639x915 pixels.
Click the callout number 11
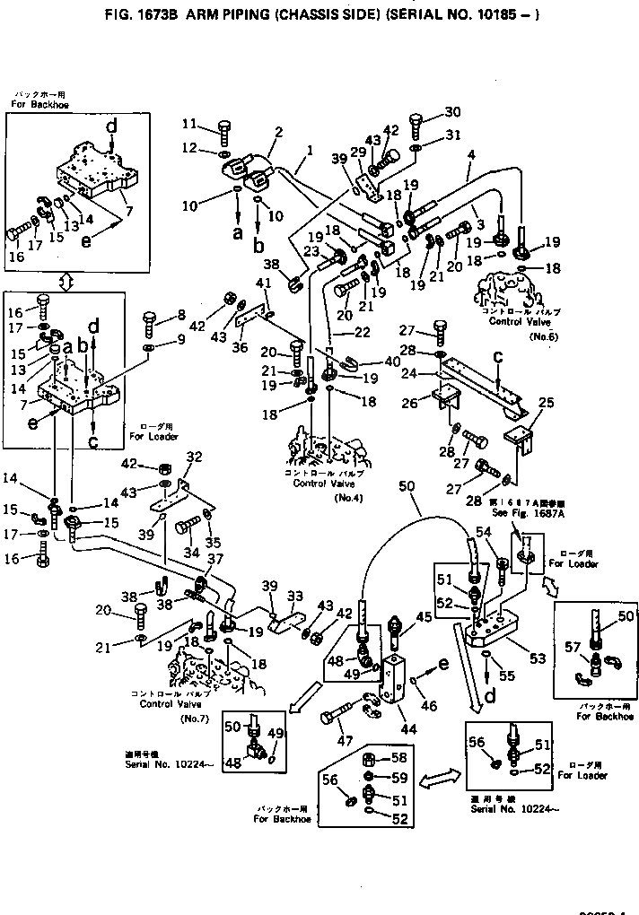click(x=188, y=123)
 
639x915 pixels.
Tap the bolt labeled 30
click(x=417, y=120)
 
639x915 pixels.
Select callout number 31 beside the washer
click(x=452, y=135)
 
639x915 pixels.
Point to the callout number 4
click(x=469, y=154)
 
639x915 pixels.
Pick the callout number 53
click(x=538, y=658)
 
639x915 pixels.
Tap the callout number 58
click(x=400, y=760)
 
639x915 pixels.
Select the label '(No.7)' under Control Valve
click(x=193, y=719)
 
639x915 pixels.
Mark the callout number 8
click(x=181, y=314)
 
